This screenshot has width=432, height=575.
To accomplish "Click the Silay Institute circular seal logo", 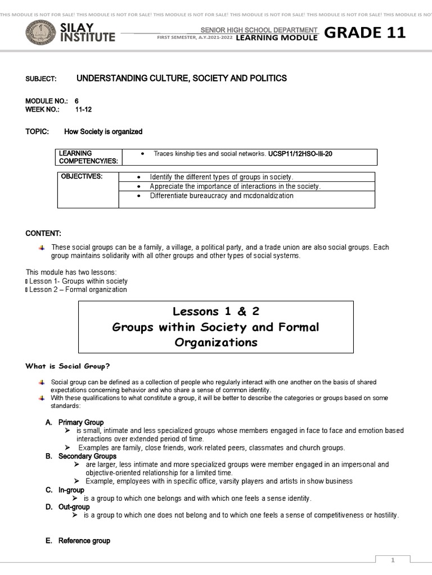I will pyautogui.click(x=40, y=33).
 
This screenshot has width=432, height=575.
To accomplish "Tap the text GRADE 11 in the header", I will pyautogui.click(x=364, y=33).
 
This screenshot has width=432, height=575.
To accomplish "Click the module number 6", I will pyautogui.click(x=77, y=101).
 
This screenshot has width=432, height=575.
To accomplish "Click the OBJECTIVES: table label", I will pyautogui.click(x=82, y=176).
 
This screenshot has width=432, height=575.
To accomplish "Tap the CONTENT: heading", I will pyautogui.click(x=43, y=234).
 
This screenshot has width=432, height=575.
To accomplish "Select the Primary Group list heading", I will pyautogui.click(x=81, y=422).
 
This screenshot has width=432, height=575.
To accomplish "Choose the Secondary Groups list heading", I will pyautogui.click(x=87, y=457).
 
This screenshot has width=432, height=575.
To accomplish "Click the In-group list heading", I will pyautogui.click(x=71, y=490).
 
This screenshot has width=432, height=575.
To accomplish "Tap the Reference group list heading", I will pyautogui.click(x=84, y=541).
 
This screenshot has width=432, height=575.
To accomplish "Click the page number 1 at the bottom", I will pyautogui.click(x=394, y=560).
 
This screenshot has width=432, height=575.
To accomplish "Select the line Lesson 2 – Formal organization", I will pyautogui.click(x=78, y=290).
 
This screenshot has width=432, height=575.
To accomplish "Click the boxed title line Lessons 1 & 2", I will pyautogui.click(x=215, y=312).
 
